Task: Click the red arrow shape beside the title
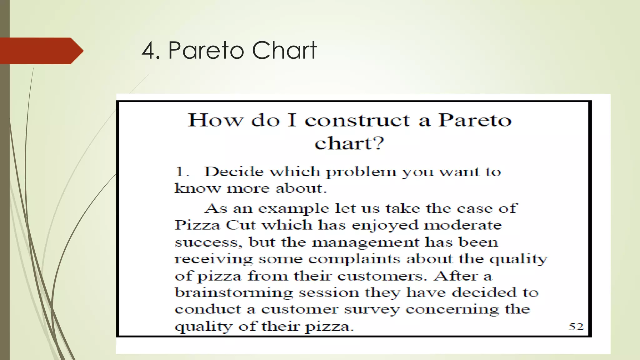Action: coord(41,51)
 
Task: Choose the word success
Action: coord(207,242)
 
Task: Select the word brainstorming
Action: coord(233,293)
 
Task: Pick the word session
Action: coord(328,293)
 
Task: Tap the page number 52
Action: coord(576,327)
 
